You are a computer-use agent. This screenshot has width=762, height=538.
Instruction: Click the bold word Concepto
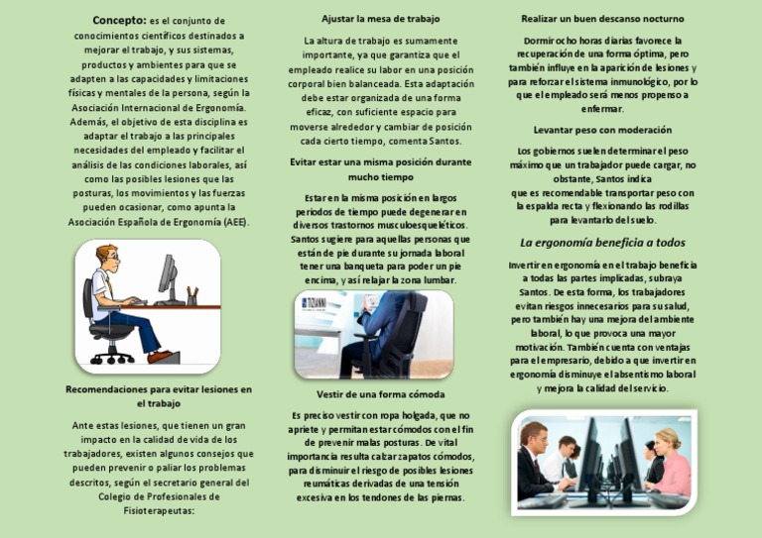pos(118,20)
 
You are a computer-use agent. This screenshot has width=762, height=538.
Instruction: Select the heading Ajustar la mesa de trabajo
pos(381,19)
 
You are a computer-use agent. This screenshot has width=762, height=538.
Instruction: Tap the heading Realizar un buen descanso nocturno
pos(602,19)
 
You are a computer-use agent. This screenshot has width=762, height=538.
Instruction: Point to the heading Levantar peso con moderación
pos(602,130)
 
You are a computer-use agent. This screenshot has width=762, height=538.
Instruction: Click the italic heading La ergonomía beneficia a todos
pos(602,243)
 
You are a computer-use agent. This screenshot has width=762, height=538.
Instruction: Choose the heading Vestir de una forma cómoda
pos(381,394)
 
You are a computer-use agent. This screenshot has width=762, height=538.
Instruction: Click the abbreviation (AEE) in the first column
pos(235,222)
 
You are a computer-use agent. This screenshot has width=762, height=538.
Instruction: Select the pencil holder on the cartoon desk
pos(191,296)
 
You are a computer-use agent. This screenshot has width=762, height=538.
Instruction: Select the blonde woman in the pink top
pos(667,459)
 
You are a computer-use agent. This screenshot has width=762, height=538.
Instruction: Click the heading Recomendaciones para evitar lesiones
pos(159,389)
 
